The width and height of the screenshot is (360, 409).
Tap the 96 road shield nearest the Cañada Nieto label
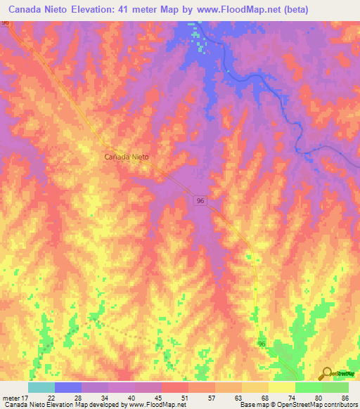point(201,201)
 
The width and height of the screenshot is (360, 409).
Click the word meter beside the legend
point(10,398)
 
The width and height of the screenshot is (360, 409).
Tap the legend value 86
point(344,398)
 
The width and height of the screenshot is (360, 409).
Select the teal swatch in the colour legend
point(41,387)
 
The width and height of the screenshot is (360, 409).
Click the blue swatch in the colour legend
point(67,387)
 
